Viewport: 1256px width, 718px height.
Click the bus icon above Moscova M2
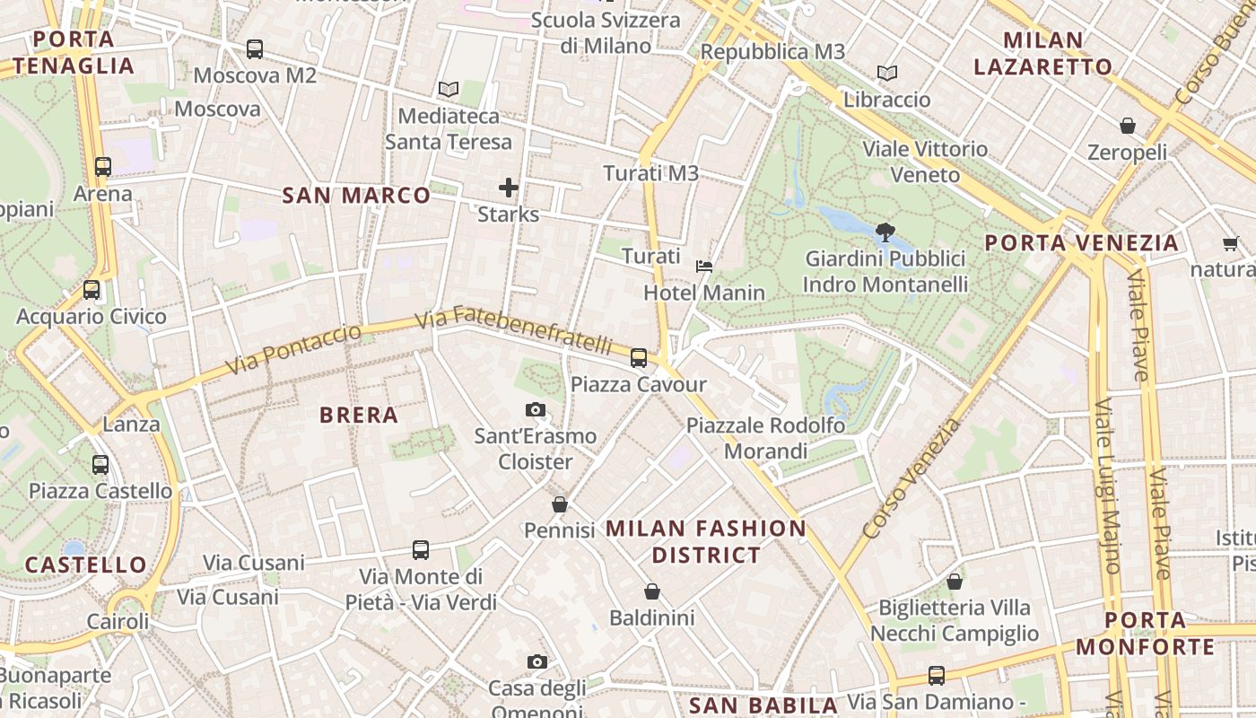(x=255, y=49)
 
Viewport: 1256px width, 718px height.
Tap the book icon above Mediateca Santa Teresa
(x=448, y=90)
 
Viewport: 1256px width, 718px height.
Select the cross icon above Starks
(x=509, y=188)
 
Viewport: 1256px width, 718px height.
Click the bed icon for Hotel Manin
(x=705, y=266)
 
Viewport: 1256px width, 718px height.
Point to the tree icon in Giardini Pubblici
(x=885, y=232)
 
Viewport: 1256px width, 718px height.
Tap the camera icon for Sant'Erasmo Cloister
(x=536, y=410)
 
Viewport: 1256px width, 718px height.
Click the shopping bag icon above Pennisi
(x=560, y=504)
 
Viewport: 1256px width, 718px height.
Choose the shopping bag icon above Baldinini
(x=652, y=591)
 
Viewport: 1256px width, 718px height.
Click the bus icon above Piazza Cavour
(x=639, y=358)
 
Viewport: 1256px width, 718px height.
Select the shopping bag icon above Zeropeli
(x=1128, y=126)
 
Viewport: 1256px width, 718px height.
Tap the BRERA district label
(x=359, y=415)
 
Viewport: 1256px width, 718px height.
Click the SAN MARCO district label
(x=356, y=195)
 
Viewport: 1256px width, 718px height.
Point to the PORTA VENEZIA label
(x=1081, y=243)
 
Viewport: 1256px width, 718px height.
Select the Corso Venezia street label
(x=911, y=480)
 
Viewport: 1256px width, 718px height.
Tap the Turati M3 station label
(x=650, y=173)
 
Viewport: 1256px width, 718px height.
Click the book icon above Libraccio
(x=887, y=73)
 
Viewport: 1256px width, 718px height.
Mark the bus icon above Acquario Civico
(x=92, y=290)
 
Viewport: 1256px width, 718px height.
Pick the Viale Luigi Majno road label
(x=1107, y=485)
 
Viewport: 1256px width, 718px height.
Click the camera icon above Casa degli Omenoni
(x=537, y=662)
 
